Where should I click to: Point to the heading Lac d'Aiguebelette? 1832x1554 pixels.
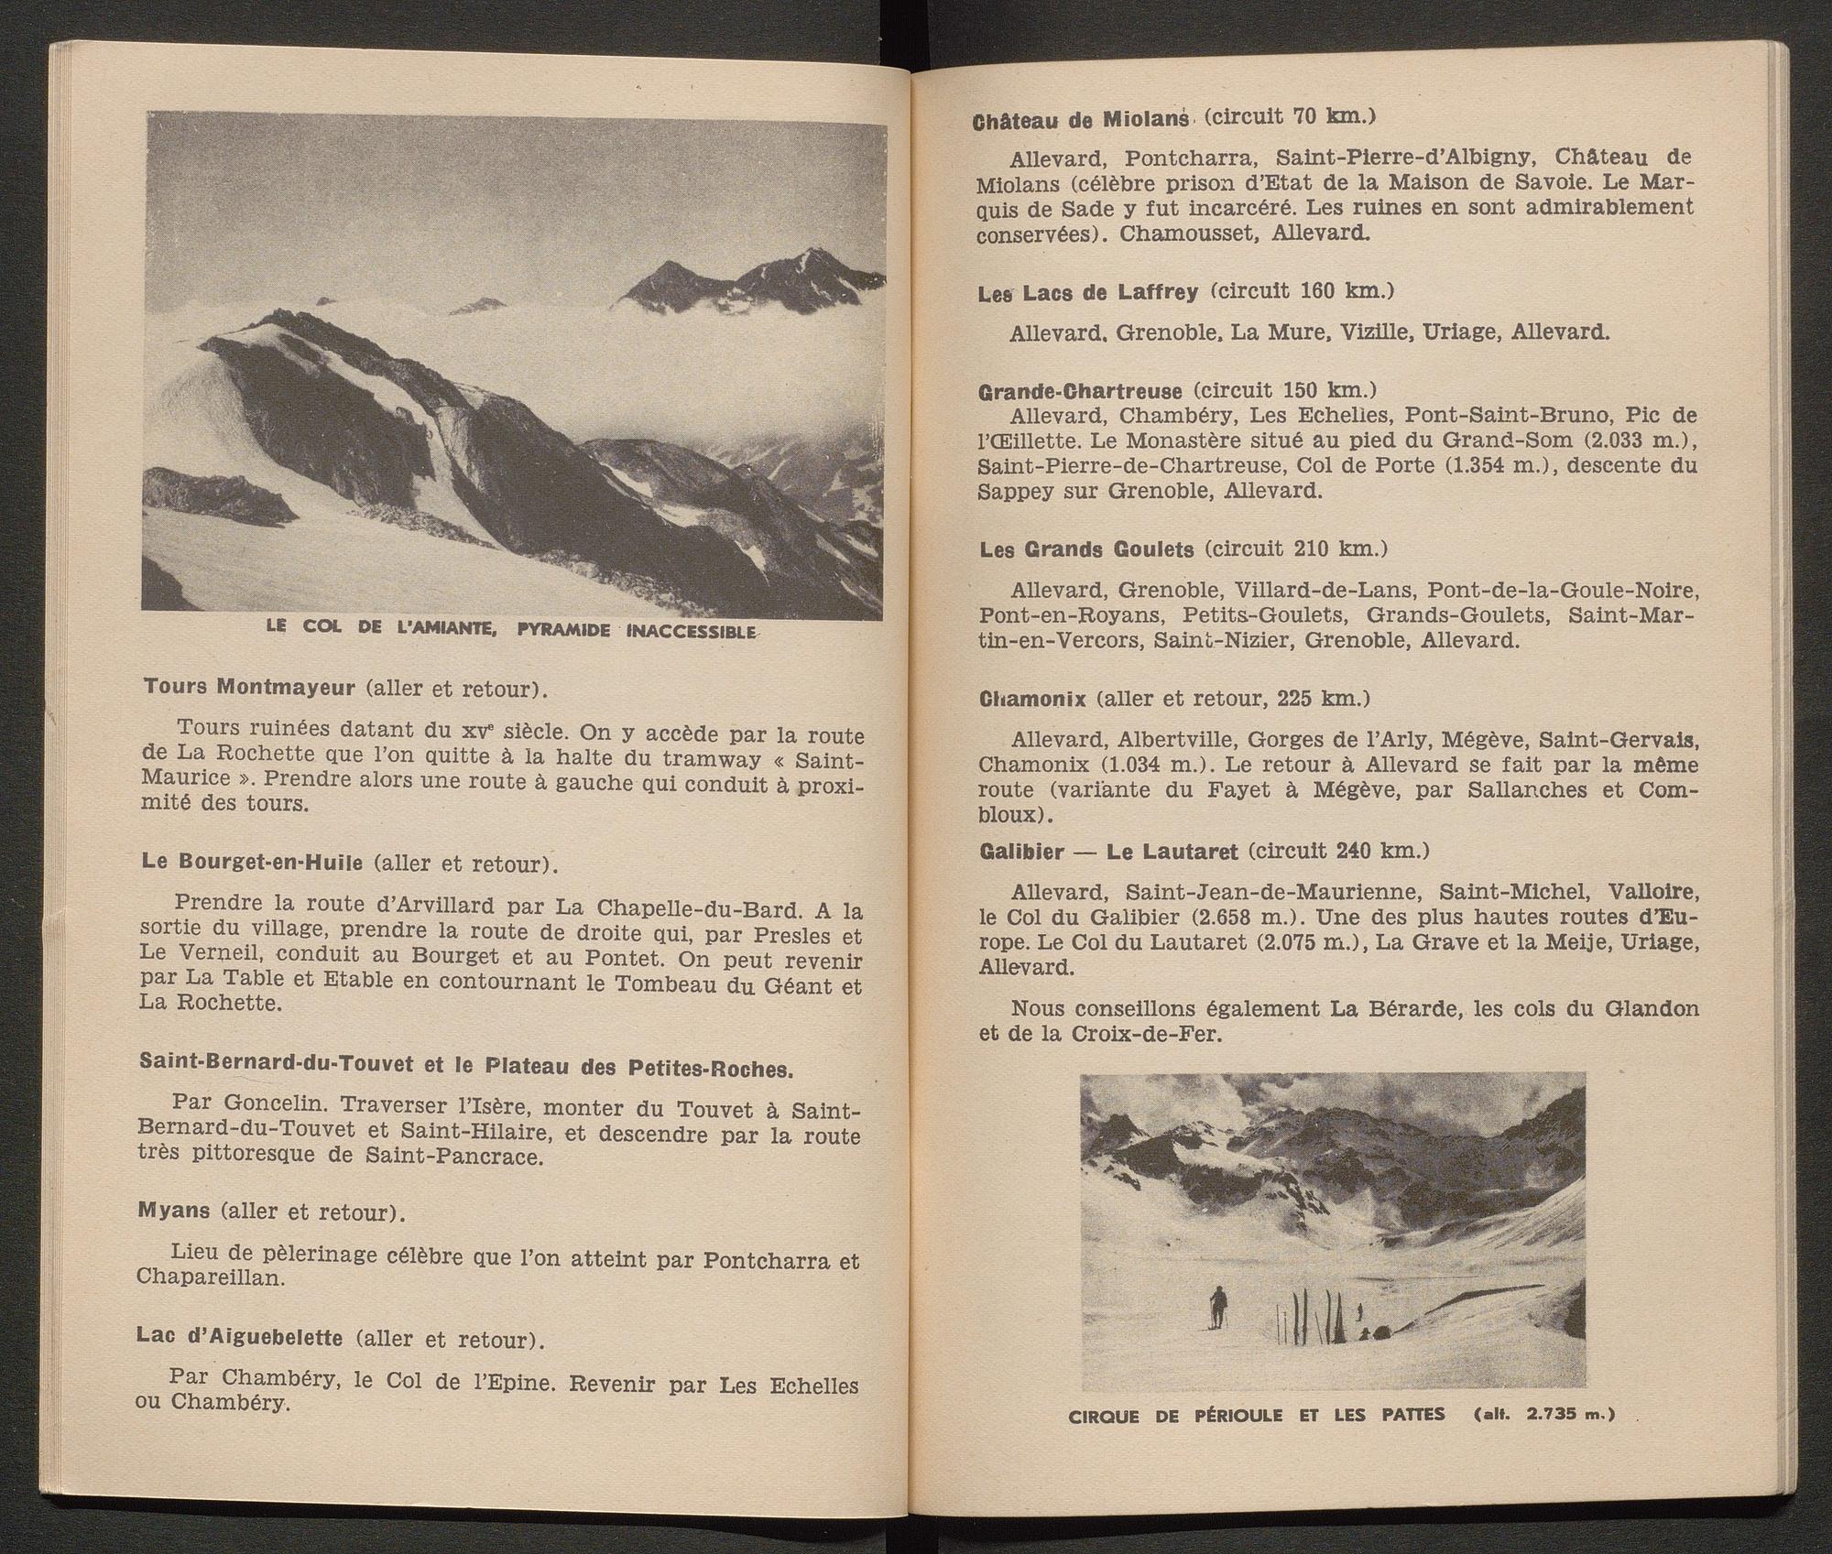pyautogui.click(x=240, y=1338)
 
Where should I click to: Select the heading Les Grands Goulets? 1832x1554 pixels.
pyautogui.click(x=1086, y=549)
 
